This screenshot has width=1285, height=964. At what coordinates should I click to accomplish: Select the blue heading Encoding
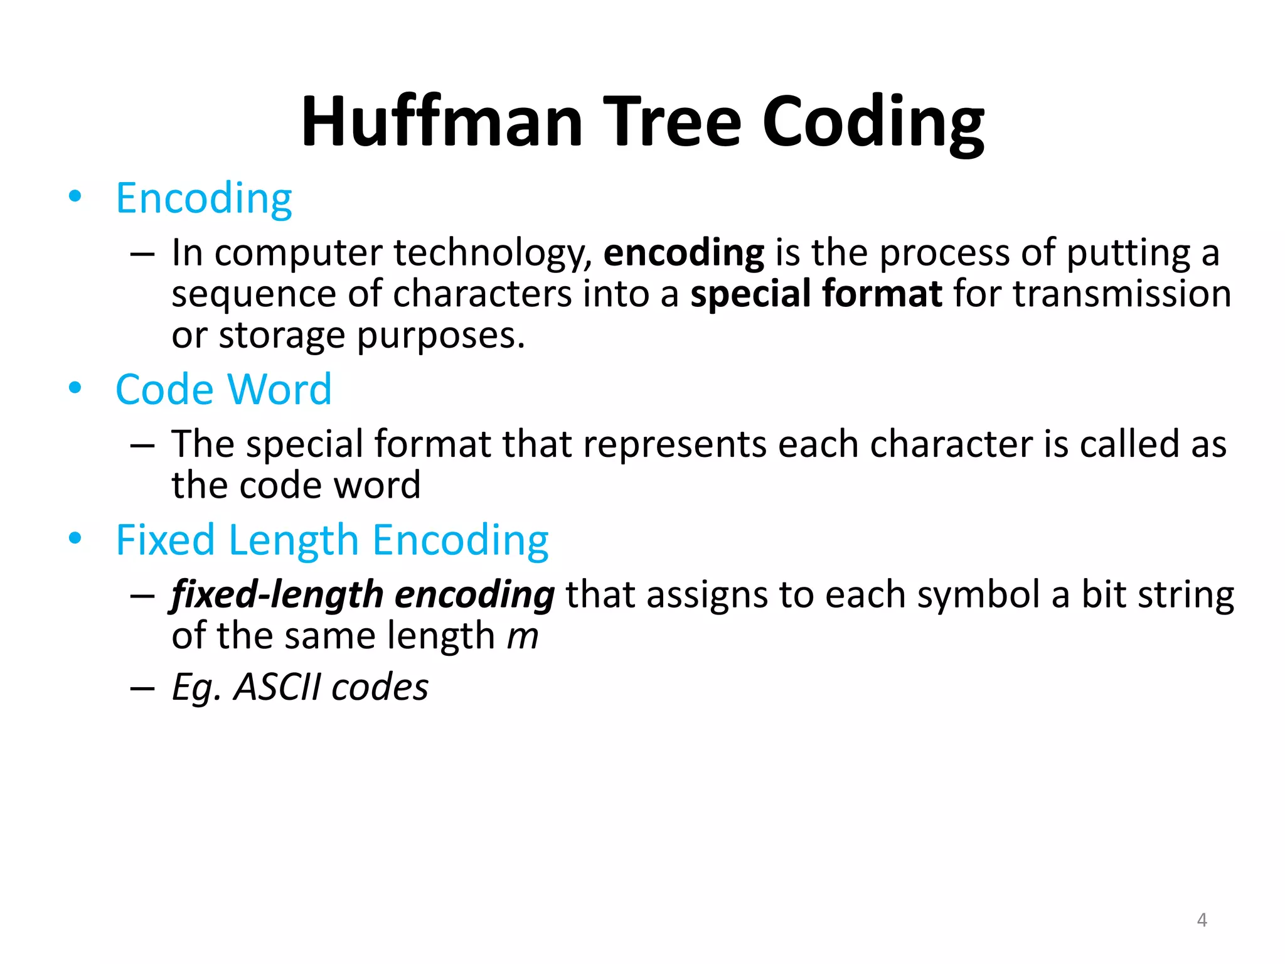(204, 199)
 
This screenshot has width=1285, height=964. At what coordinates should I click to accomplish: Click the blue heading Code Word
(223, 390)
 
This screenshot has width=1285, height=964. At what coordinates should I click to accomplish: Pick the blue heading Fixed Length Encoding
(332, 540)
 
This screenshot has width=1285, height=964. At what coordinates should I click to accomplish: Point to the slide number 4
(1202, 920)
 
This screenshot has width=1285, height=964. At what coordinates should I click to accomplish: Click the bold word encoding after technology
(683, 253)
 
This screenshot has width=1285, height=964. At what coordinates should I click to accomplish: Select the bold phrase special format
(816, 294)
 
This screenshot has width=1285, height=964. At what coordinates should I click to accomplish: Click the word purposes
(440, 336)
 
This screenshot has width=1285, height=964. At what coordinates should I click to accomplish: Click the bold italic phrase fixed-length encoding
(363, 595)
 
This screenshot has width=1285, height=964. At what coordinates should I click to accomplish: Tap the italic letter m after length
(522, 636)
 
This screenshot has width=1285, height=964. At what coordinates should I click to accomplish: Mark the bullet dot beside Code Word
(75, 388)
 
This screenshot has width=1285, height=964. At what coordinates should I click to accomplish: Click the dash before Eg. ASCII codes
(142, 688)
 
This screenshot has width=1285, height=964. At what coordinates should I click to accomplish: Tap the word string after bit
(1185, 595)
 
